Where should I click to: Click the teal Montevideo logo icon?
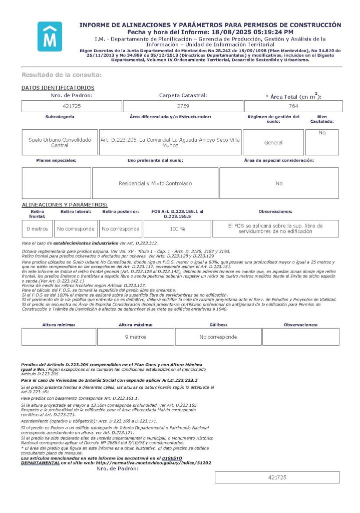pyautogui.click(x=50, y=37)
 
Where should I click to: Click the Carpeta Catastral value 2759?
pyautogui.click(x=183, y=106)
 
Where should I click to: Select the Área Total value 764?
pyautogui.click(x=293, y=106)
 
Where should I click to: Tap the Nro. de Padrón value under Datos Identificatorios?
pyautogui.click(x=72, y=106)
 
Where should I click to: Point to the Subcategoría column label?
pyautogui.click(x=60, y=117)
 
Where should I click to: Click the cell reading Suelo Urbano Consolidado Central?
pyautogui.click(x=60, y=142)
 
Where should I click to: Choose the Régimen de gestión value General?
pyautogui.click(x=273, y=142)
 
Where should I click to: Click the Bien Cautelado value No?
pyautogui.click(x=322, y=133)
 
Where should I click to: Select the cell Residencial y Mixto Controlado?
pyautogui.click(x=155, y=183)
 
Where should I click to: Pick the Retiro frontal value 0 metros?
pyautogui.click(x=37, y=228)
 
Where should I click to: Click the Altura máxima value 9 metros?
pyautogui.click(x=135, y=337)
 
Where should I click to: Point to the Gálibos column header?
pyautogui.click(x=218, y=325)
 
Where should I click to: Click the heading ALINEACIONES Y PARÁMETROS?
pyautogui.click(x=65, y=205)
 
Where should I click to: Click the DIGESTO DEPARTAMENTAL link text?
pyautogui.click(x=100, y=460)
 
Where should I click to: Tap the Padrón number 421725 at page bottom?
pyautogui.click(x=276, y=477)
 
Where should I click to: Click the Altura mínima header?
pyautogui.click(x=59, y=325)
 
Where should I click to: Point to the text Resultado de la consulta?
pyautogui.click(x=62, y=75)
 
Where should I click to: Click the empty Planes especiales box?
pyautogui.click(x=57, y=183)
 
